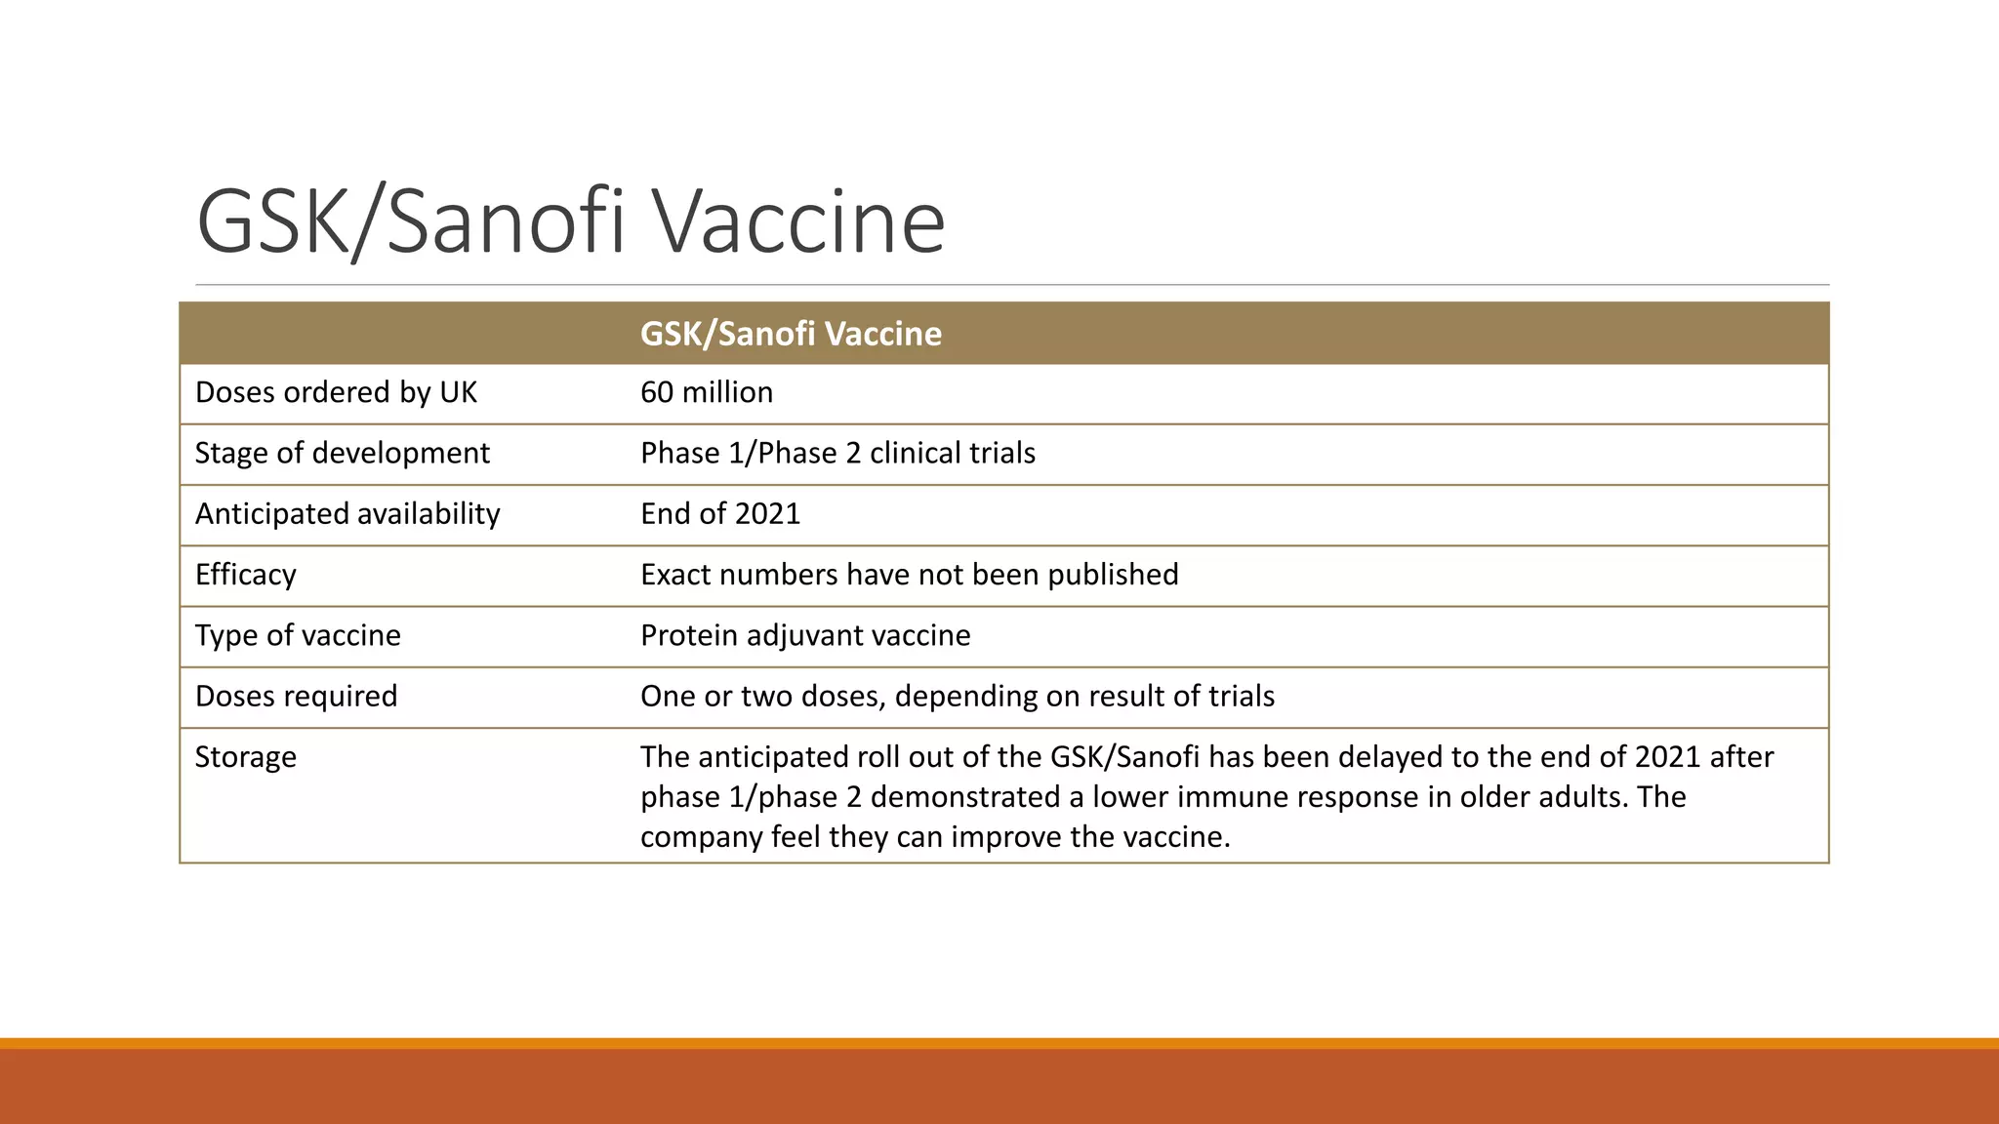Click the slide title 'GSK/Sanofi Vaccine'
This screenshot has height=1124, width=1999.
[571, 222]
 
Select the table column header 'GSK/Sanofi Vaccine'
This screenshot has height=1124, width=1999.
[791, 334]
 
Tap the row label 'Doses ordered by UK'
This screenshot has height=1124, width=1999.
[336, 392]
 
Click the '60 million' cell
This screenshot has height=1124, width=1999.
[707, 392]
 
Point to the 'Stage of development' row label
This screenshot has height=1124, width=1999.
[342, 453]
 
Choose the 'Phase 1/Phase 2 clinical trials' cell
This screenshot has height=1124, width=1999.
[837, 453]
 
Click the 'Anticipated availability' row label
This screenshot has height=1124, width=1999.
[347, 513]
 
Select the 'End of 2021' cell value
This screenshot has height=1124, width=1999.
[720, 513]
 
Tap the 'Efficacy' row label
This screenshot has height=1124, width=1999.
[245, 574]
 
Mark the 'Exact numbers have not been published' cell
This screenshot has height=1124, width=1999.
[909, 574]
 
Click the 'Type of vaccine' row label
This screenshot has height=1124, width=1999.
[298, 635]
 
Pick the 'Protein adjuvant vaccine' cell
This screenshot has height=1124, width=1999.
[805, 635]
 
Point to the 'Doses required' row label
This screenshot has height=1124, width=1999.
[296, 696]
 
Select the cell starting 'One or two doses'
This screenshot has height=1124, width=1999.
[958, 696]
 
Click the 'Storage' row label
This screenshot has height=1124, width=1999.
[245, 756]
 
